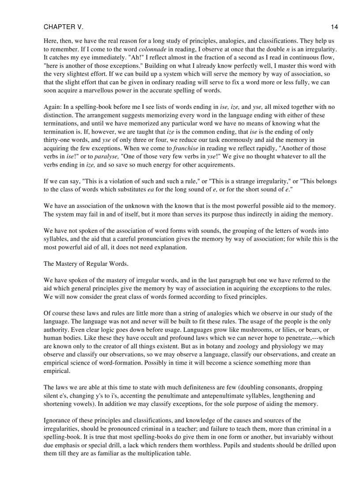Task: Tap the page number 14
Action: pyautogui.click(x=334, y=27)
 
